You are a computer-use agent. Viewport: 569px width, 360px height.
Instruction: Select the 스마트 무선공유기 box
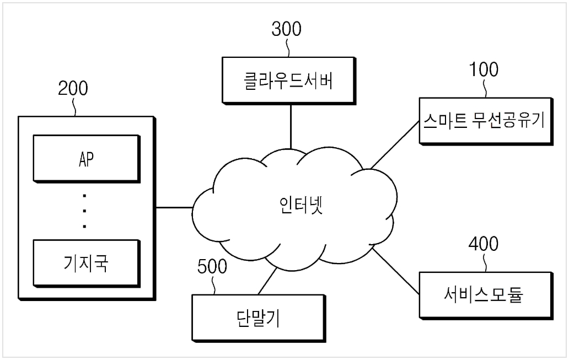point(486,121)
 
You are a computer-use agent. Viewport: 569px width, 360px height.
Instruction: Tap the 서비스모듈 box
point(486,295)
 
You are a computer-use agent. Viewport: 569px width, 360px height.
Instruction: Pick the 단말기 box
point(259,318)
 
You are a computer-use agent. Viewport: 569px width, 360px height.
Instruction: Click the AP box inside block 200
point(87,159)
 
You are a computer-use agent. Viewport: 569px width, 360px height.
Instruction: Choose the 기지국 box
point(87,264)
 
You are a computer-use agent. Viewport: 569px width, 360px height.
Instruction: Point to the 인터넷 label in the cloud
point(301,205)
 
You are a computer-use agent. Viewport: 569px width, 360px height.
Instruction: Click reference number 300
point(286,29)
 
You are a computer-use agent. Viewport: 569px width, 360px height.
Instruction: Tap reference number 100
point(484,69)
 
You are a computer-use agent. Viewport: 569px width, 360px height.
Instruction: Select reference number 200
point(73,88)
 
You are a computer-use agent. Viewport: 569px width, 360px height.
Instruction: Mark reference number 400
point(484,244)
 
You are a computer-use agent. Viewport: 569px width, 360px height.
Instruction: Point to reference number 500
point(212,266)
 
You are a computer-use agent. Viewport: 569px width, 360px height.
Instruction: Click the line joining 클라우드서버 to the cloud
point(291,127)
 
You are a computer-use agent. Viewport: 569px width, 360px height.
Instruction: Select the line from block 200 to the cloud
point(174,208)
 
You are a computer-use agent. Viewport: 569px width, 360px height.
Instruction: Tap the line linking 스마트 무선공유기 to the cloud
point(395,145)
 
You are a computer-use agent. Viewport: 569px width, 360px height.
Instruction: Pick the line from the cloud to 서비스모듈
point(396,271)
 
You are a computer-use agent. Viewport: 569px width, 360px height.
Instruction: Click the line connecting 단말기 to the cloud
point(267,281)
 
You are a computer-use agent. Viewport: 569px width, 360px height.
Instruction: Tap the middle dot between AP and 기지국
point(84,211)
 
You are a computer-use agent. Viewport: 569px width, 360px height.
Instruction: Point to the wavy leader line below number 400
point(485,262)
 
